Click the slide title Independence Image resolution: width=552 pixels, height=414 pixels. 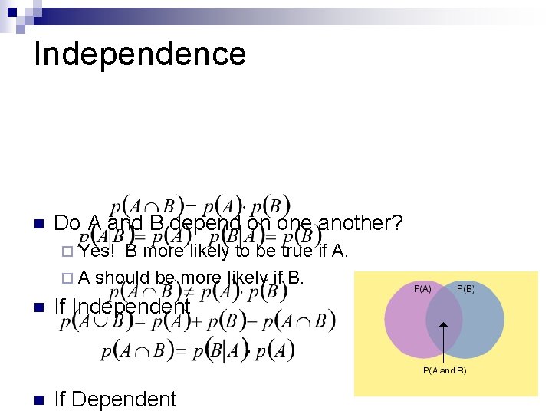coord(140,54)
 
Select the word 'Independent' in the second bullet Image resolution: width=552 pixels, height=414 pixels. coord(131,307)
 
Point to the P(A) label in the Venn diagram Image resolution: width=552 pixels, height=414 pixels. coord(422,289)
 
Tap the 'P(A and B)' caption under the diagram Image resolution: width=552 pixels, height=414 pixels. coord(445,370)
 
